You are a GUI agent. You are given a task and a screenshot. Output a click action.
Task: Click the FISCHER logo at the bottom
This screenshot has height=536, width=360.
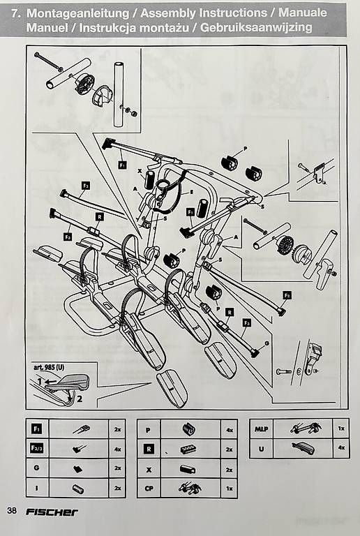(x=52, y=512)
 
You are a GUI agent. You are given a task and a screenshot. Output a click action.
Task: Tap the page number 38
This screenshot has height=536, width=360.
(x=12, y=511)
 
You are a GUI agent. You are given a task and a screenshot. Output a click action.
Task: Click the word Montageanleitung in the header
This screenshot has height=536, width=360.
(x=78, y=13)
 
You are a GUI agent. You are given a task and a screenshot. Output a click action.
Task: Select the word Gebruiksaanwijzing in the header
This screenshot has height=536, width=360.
(x=256, y=27)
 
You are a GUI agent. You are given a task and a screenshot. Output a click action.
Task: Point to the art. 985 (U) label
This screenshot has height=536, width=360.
(x=49, y=368)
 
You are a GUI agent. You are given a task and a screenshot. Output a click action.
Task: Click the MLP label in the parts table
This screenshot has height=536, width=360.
(x=262, y=429)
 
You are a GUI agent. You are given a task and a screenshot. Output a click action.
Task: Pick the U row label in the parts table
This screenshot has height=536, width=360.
(x=262, y=449)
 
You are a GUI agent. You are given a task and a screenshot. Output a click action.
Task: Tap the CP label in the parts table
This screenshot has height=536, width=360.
(x=149, y=488)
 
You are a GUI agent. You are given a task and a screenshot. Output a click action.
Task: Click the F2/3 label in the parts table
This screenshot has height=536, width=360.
(x=36, y=449)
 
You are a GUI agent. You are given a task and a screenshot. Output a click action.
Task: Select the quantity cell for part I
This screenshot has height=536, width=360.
(x=117, y=488)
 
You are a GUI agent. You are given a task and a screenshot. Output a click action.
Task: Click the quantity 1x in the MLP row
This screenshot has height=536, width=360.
(x=341, y=429)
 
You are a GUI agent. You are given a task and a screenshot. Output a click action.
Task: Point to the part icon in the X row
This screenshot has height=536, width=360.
(x=188, y=469)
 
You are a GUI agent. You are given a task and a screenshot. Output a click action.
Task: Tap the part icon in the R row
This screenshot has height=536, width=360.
(x=188, y=449)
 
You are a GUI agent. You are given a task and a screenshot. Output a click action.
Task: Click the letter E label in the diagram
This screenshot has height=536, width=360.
(x=192, y=193)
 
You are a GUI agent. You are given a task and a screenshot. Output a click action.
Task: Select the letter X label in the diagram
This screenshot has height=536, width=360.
(x=140, y=170)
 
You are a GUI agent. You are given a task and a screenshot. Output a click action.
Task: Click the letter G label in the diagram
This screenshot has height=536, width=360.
(x=267, y=343)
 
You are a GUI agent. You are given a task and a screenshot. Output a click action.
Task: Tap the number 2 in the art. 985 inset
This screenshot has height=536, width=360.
(x=80, y=399)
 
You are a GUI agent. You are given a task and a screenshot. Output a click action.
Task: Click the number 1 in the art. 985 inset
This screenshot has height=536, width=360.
(x=40, y=381)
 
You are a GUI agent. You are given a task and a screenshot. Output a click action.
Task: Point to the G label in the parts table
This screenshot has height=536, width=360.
(x=36, y=468)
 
